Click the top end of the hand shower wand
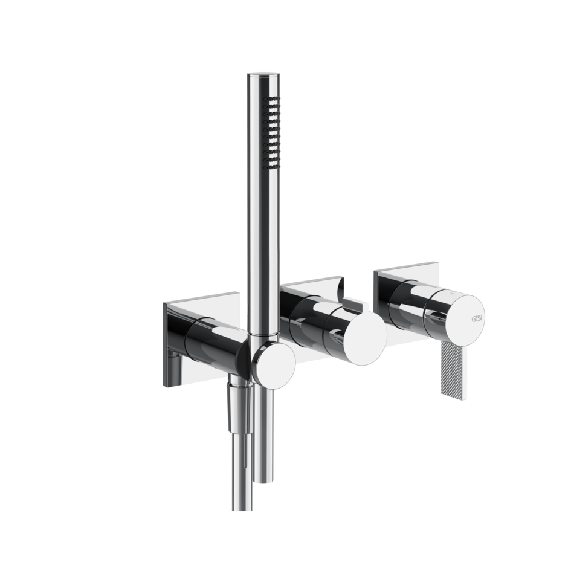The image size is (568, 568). coord(262,76)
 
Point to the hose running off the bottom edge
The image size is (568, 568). coord(236,483)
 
